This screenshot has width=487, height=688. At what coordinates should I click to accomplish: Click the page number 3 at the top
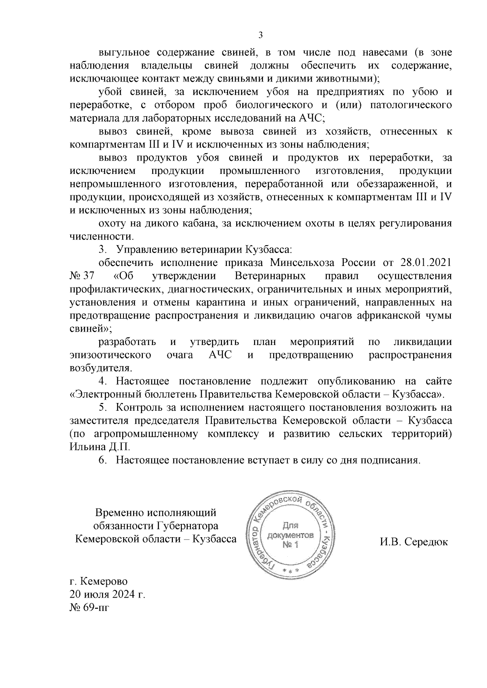(x=261, y=35)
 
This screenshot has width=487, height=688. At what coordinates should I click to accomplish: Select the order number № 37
(x=82, y=276)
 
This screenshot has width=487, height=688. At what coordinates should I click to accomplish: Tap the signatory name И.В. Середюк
(x=414, y=542)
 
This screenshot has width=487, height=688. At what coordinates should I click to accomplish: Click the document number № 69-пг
(x=89, y=608)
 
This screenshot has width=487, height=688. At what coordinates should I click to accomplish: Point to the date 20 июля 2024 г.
(x=108, y=595)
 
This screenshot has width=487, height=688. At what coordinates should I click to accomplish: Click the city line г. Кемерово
(x=99, y=582)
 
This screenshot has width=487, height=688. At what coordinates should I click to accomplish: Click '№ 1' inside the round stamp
(x=291, y=544)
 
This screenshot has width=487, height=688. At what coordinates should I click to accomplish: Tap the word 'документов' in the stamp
(x=291, y=535)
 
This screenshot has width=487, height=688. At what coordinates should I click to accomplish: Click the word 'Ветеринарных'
(x=270, y=276)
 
